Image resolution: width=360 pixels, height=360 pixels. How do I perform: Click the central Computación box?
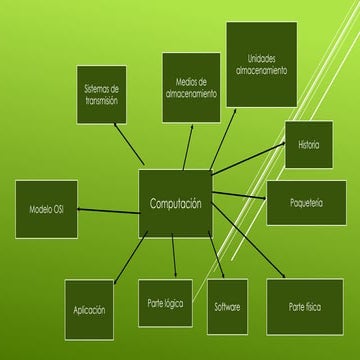(x=175, y=203)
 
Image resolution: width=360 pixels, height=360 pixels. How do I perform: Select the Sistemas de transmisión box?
(x=102, y=95)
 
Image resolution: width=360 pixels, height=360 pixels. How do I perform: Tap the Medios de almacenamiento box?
(x=191, y=87)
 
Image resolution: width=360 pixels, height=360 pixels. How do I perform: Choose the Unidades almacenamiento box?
(x=261, y=64)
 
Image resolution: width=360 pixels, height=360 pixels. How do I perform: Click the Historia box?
(x=309, y=145)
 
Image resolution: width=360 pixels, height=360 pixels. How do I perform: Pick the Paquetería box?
(x=306, y=203)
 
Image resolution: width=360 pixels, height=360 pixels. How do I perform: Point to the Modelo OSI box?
(x=46, y=209)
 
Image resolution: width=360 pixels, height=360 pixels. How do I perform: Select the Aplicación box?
(x=89, y=309)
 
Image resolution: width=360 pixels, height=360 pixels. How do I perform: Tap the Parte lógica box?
(x=165, y=303)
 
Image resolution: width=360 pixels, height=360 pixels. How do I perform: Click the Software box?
(x=227, y=306)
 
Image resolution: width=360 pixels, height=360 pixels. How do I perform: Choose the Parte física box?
(x=305, y=306)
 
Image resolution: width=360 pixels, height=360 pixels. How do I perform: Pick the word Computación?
(x=175, y=204)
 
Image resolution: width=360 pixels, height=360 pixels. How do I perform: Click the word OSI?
(x=59, y=210)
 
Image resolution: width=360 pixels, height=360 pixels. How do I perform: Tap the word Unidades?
(x=261, y=59)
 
